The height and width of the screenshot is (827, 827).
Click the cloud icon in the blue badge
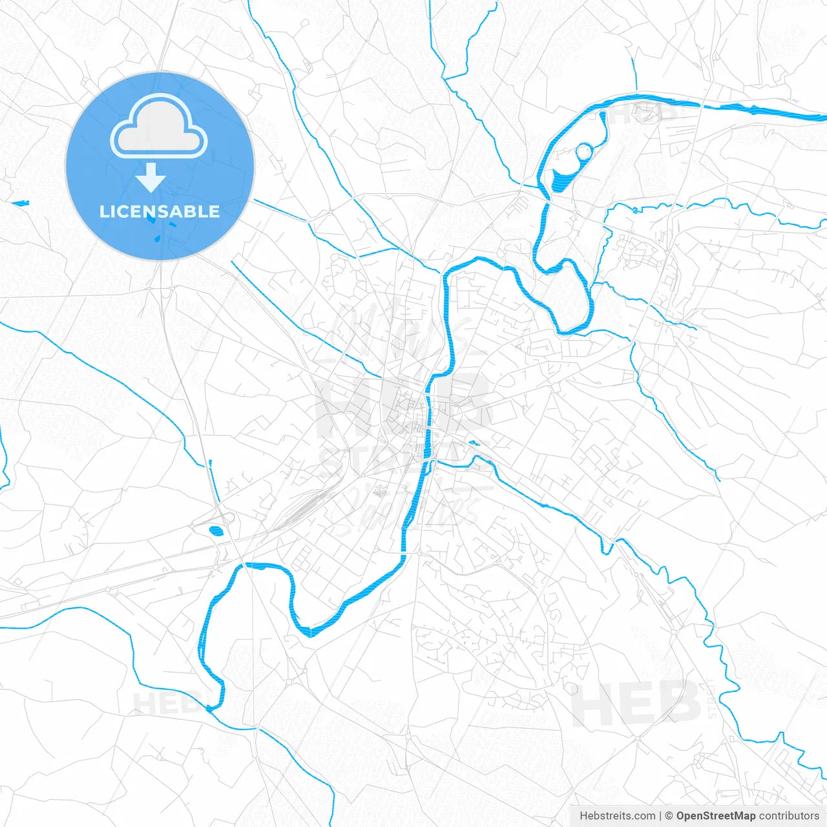point(159,126)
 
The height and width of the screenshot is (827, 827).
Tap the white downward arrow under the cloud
point(151,177)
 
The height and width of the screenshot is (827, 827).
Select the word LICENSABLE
point(160,211)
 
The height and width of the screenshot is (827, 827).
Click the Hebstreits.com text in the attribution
point(618,816)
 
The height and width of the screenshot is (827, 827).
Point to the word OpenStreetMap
point(715,816)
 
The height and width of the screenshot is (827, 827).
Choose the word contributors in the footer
point(789,816)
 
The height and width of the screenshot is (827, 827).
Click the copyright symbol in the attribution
point(669,816)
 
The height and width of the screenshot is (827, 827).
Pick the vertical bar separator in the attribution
point(660,816)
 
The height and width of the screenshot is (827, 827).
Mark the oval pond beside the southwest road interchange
point(216,532)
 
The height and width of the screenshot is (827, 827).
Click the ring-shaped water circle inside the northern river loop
point(583,152)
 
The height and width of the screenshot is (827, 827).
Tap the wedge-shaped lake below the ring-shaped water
point(561,177)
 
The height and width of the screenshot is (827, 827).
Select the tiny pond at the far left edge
point(21,204)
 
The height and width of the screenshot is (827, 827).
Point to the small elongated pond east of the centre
point(475,443)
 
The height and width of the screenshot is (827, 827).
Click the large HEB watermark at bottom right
point(636,704)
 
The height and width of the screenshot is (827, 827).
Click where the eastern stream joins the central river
point(434,461)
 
